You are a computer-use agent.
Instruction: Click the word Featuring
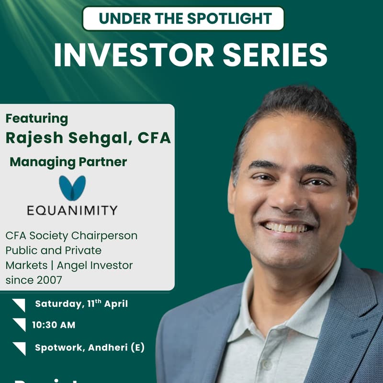[36, 118]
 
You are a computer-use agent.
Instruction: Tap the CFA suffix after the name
[154, 138]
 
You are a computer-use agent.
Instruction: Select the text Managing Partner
[68, 162]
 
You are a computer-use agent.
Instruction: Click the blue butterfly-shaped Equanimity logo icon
[72, 188]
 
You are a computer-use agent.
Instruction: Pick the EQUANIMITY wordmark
[72, 210]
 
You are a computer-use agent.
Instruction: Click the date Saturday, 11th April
[81, 304]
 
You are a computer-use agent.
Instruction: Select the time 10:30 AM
[54, 325]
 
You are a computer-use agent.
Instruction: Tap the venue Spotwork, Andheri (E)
[90, 348]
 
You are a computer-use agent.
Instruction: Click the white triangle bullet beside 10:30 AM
[20, 324]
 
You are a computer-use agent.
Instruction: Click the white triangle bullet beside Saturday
[20, 304]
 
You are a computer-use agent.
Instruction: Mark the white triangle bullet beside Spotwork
[20, 348]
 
